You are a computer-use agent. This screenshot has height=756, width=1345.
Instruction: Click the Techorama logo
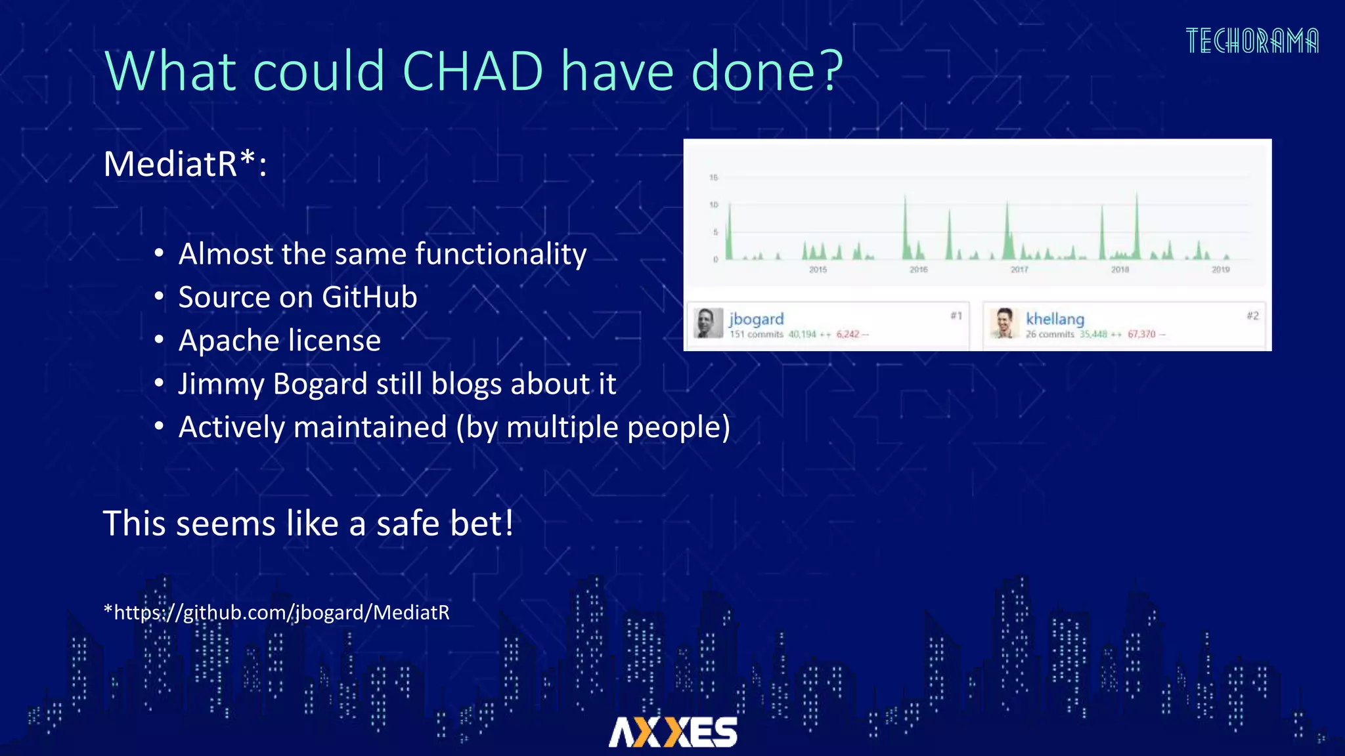pos(1252,41)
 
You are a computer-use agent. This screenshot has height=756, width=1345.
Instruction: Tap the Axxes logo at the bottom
pos(672,732)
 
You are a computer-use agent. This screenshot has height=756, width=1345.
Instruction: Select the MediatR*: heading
pos(185,164)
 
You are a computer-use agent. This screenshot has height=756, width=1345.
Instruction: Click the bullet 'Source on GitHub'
pos(298,297)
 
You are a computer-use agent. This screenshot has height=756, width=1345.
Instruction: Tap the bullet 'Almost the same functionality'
pos(382,254)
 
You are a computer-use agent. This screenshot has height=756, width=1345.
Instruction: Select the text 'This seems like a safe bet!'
pos(308,524)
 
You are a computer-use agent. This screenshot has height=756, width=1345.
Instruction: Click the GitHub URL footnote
pos(276,612)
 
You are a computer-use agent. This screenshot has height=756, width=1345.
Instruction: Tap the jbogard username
pos(757,319)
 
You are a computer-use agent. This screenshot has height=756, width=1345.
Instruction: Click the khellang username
pos(1055,319)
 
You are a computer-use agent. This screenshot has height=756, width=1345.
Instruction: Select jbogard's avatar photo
pos(709,323)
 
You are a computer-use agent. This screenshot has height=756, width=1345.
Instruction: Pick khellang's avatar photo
pos(1004,323)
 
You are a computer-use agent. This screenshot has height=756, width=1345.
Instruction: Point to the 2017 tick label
pos(1019,270)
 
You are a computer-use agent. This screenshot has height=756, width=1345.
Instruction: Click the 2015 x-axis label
pos(818,270)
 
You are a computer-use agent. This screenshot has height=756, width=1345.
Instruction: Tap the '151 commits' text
pos(757,335)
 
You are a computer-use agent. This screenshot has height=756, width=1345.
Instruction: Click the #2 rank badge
pos(1252,316)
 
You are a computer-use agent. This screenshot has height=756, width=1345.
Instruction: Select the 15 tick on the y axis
pos(714,178)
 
